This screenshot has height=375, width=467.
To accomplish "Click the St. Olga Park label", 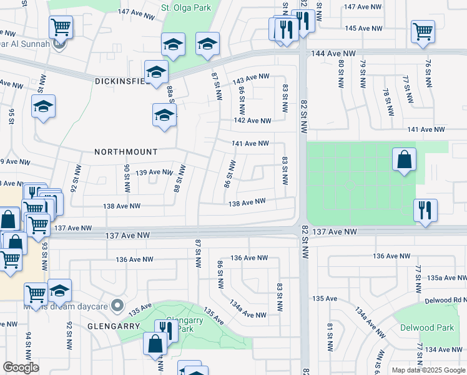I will point(186,8).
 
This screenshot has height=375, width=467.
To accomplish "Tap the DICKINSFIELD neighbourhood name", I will point(122,81).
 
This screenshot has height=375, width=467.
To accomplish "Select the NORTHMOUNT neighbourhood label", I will point(125,152).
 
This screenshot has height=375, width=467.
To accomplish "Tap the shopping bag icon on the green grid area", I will point(405,159).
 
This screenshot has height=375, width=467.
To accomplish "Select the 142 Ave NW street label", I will point(252,121).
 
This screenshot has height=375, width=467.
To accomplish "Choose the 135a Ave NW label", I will point(443,277).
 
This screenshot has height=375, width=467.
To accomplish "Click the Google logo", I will point(21,367).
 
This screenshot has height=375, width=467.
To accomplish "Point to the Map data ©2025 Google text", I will point(428,370).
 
